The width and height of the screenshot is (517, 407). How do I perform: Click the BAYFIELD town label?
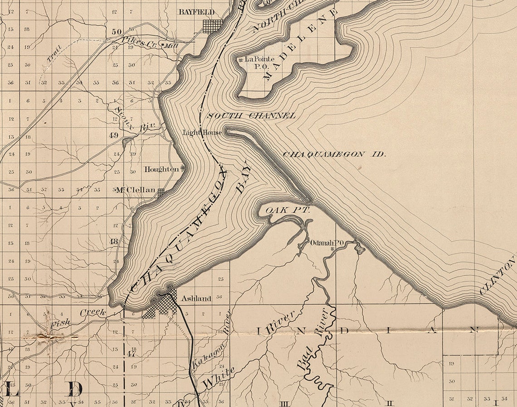(x=196, y=12)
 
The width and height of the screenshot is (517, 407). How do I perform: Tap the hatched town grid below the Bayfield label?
(x=213, y=26)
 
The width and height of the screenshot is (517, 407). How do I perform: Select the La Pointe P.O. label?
(x=260, y=62)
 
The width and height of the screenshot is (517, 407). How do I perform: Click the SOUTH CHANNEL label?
(x=251, y=116)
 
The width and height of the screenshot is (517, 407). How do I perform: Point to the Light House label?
(x=202, y=133)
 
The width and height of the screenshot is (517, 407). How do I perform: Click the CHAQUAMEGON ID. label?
(x=334, y=154)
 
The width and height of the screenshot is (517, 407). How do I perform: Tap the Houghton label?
(x=161, y=169)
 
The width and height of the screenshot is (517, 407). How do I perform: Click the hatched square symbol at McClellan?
(x=161, y=192)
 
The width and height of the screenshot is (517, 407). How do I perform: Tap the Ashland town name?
(x=196, y=298)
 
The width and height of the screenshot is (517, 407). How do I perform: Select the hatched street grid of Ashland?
(x=161, y=306)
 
